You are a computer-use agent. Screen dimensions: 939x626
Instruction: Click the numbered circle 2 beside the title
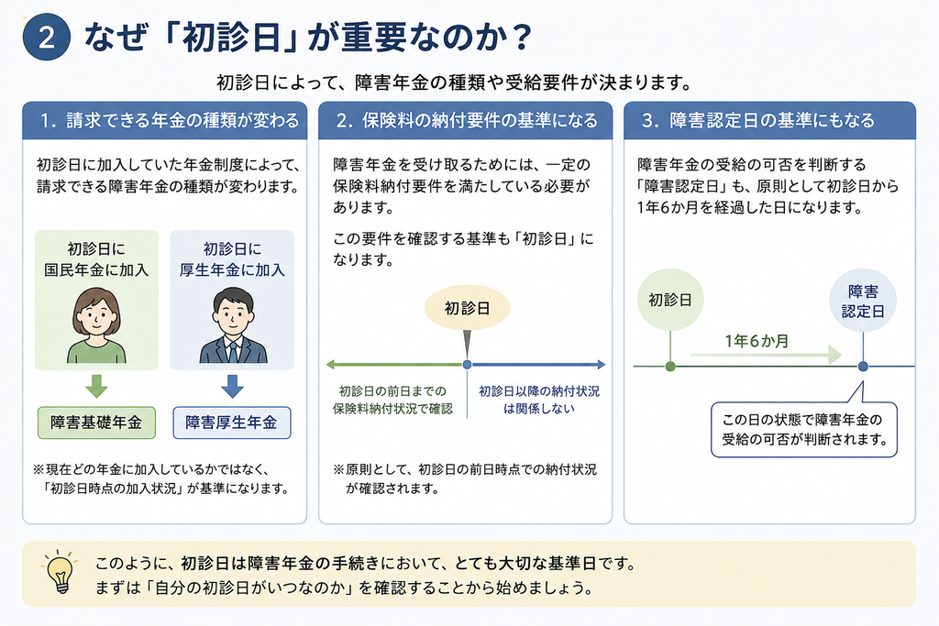coord(46,37)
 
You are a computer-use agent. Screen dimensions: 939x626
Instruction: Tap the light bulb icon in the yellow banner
coord(60,572)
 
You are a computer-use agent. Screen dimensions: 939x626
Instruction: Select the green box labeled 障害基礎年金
coord(96,423)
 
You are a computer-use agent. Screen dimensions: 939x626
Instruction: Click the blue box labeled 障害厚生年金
coord(232,423)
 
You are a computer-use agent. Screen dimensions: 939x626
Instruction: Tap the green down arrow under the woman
coord(96,386)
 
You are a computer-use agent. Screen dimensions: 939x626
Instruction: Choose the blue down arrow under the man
coord(232,386)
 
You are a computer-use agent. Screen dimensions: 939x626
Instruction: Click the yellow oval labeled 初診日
coord(467,308)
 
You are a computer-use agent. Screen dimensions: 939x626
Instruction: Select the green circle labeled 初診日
coord(670,299)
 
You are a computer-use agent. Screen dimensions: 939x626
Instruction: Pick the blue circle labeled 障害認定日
coord(863,301)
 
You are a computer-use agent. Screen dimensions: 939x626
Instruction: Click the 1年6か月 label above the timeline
coord(757,341)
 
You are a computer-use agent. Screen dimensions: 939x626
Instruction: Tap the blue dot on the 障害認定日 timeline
coord(863,366)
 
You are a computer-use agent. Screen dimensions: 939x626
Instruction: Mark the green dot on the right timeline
coord(670,366)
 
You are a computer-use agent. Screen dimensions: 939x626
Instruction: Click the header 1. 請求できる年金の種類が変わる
coord(165,120)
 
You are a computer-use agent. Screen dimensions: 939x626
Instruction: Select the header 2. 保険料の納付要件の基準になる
coord(465,120)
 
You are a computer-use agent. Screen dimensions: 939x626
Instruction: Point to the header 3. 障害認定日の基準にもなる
coord(769,120)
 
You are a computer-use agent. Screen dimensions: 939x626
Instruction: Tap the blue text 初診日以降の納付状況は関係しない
coord(539,400)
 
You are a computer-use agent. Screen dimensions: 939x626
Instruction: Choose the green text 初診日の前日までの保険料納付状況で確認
coord(392,400)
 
